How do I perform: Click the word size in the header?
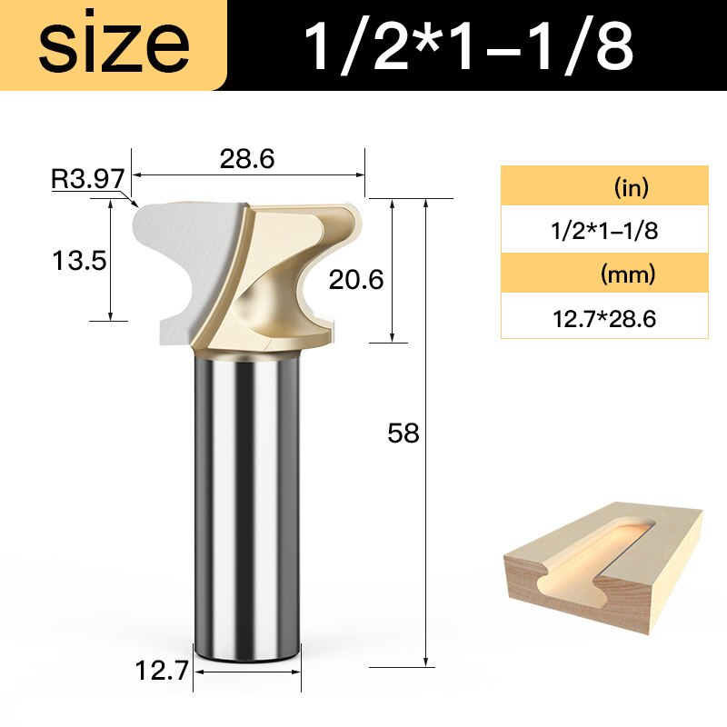(114, 46)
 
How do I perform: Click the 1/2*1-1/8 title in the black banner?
(468, 47)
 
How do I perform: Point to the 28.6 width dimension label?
(246, 158)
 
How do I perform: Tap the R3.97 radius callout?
(86, 178)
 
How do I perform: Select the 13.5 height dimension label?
(79, 261)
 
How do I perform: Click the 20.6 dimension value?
(357, 281)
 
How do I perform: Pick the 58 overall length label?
(403, 433)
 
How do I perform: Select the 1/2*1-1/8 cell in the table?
(604, 230)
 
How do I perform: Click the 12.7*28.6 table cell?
(604, 317)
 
